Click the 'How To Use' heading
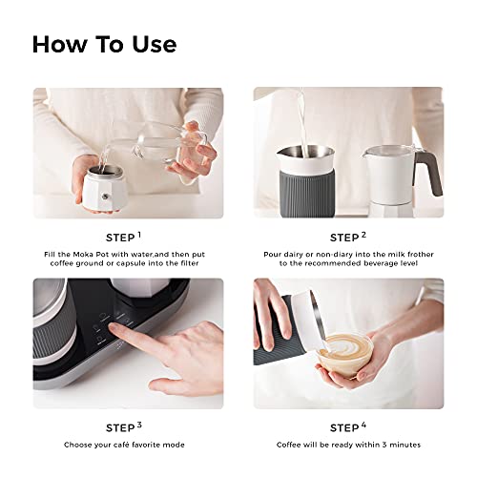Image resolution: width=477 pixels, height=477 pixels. [104, 45]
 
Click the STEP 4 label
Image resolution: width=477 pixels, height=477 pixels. [348, 426]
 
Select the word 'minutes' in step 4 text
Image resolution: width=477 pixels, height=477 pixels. [400, 446]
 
